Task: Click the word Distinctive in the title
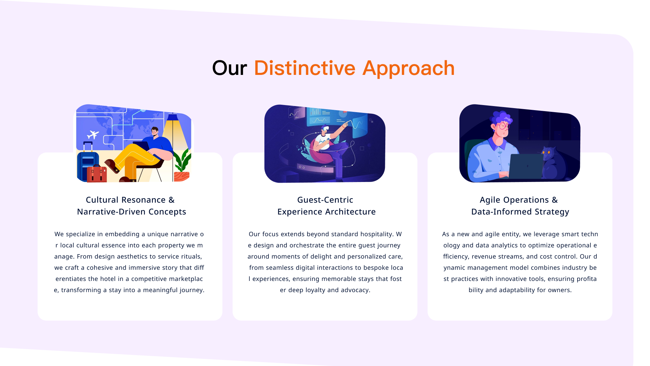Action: click(x=305, y=68)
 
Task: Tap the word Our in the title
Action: click(x=230, y=68)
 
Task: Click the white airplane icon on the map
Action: click(x=93, y=135)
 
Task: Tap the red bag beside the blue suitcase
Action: click(x=97, y=174)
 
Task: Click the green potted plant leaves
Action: click(x=182, y=160)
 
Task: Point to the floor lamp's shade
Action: click(x=173, y=117)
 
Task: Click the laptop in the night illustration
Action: click(x=525, y=166)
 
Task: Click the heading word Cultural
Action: click(x=102, y=200)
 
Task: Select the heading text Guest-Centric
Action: click(x=325, y=200)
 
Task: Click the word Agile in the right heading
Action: click(x=491, y=200)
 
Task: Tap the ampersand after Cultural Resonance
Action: click(x=172, y=200)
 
